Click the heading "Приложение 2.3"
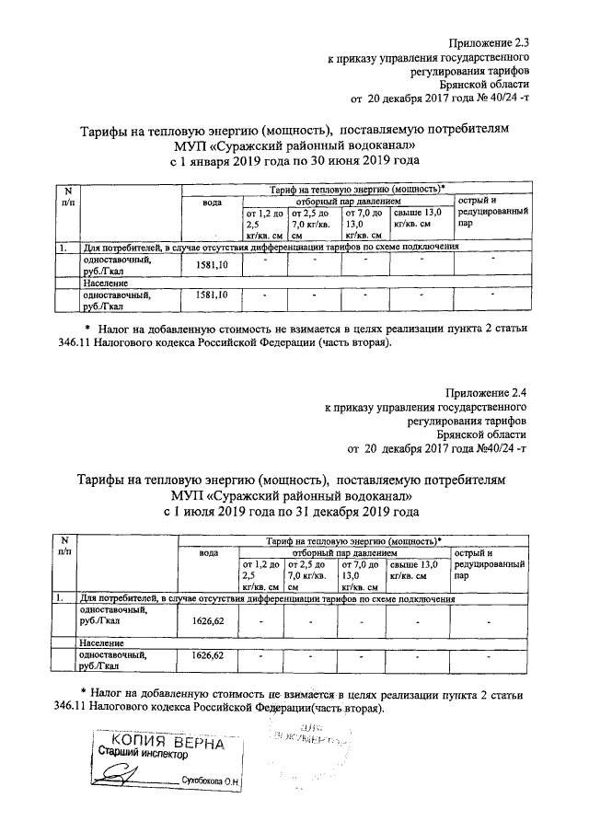[490, 42]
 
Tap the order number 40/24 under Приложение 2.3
[500, 97]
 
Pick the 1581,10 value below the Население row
[214, 295]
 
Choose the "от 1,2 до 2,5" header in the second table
[260, 568]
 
